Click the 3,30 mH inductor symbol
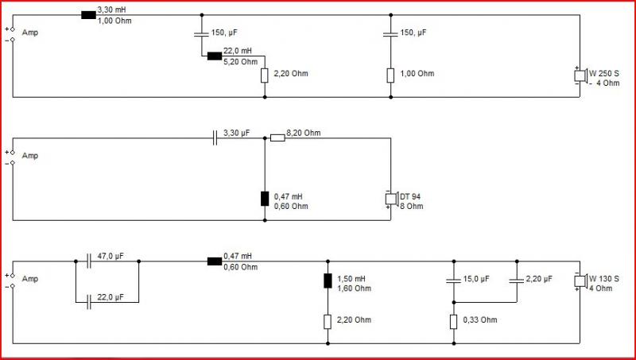click(x=88, y=15)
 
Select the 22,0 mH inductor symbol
click(x=215, y=56)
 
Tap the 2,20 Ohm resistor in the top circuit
click(x=265, y=75)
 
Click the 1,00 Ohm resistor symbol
click(x=390, y=75)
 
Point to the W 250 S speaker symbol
click(x=580, y=75)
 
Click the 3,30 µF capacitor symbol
click(x=215, y=138)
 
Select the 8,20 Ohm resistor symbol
click(x=277, y=138)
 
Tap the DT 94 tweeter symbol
click(x=391, y=199)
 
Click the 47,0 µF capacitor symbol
click(x=89, y=261)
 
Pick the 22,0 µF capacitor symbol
click(x=89, y=302)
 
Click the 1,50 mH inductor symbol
click(x=328, y=281)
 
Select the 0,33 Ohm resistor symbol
click(x=453, y=322)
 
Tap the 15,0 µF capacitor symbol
click(x=453, y=281)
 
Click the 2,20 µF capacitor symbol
click(x=517, y=281)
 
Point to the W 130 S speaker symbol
click(x=580, y=281)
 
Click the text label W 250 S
click(x=604, y=74)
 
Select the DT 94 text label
click(x=410, y=196)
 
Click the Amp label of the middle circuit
click(x=30, y=156)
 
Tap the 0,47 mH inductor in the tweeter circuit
click(x=265, y=199)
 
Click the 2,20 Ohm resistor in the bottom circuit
click(x=328, y=322)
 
